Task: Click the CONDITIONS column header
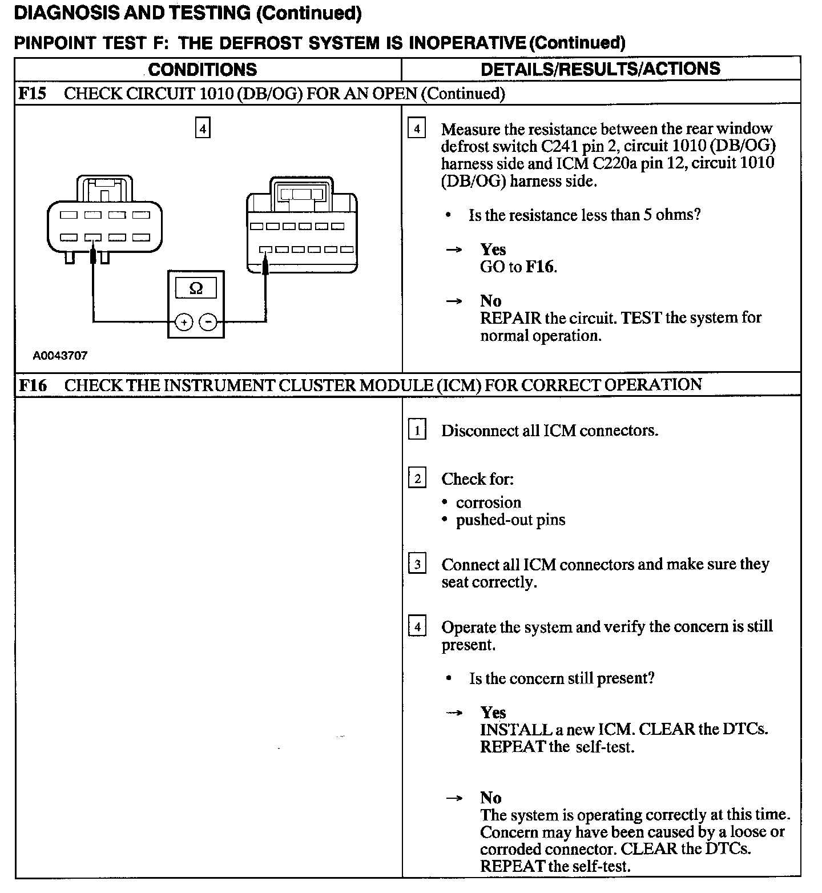(x=203, y=70)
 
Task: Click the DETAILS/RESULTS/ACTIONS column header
(x=601, y=69)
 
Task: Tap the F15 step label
(x=32, y=94)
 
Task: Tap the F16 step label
(x=33, y=385)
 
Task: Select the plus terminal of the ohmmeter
(x=184, y=323)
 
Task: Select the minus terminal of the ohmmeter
(x=208, y=323)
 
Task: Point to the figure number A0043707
(x=60, y=356)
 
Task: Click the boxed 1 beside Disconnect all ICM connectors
(x=417, y=430)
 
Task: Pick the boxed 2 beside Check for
(x=417, y=478)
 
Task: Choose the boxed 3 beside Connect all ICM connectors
(x=417, y=565)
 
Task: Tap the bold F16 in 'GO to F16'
(x=539, y=267)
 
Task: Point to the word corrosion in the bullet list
(x=489, y=502)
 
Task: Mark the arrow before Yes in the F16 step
(x=454, y=713)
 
